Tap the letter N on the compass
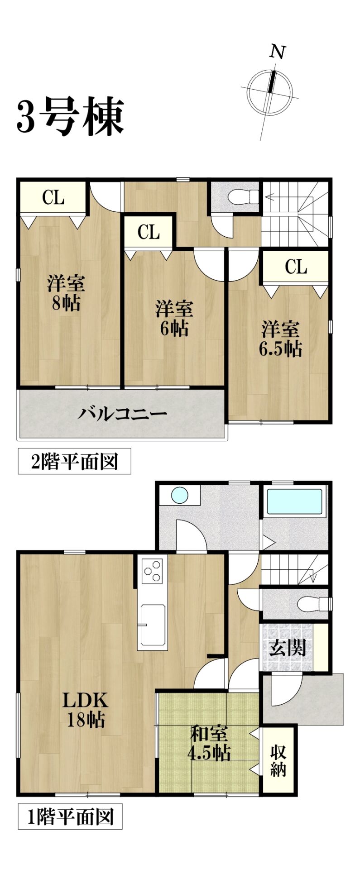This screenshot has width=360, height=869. coord(278,53)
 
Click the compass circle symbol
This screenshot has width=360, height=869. coord(269,92)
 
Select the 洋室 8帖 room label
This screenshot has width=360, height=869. coord(66,293)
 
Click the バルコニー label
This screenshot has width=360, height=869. coord(123,414)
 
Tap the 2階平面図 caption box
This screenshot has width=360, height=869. coord(74,461)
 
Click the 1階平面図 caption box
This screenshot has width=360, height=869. coord(70,816)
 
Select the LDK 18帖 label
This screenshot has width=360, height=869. coord(86,710)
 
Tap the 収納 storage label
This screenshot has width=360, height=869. coord(278,760)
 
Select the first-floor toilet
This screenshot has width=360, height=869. coord(313,604)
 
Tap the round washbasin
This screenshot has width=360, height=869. coord(180,495)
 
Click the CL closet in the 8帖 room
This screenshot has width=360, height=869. coord(53,198)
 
